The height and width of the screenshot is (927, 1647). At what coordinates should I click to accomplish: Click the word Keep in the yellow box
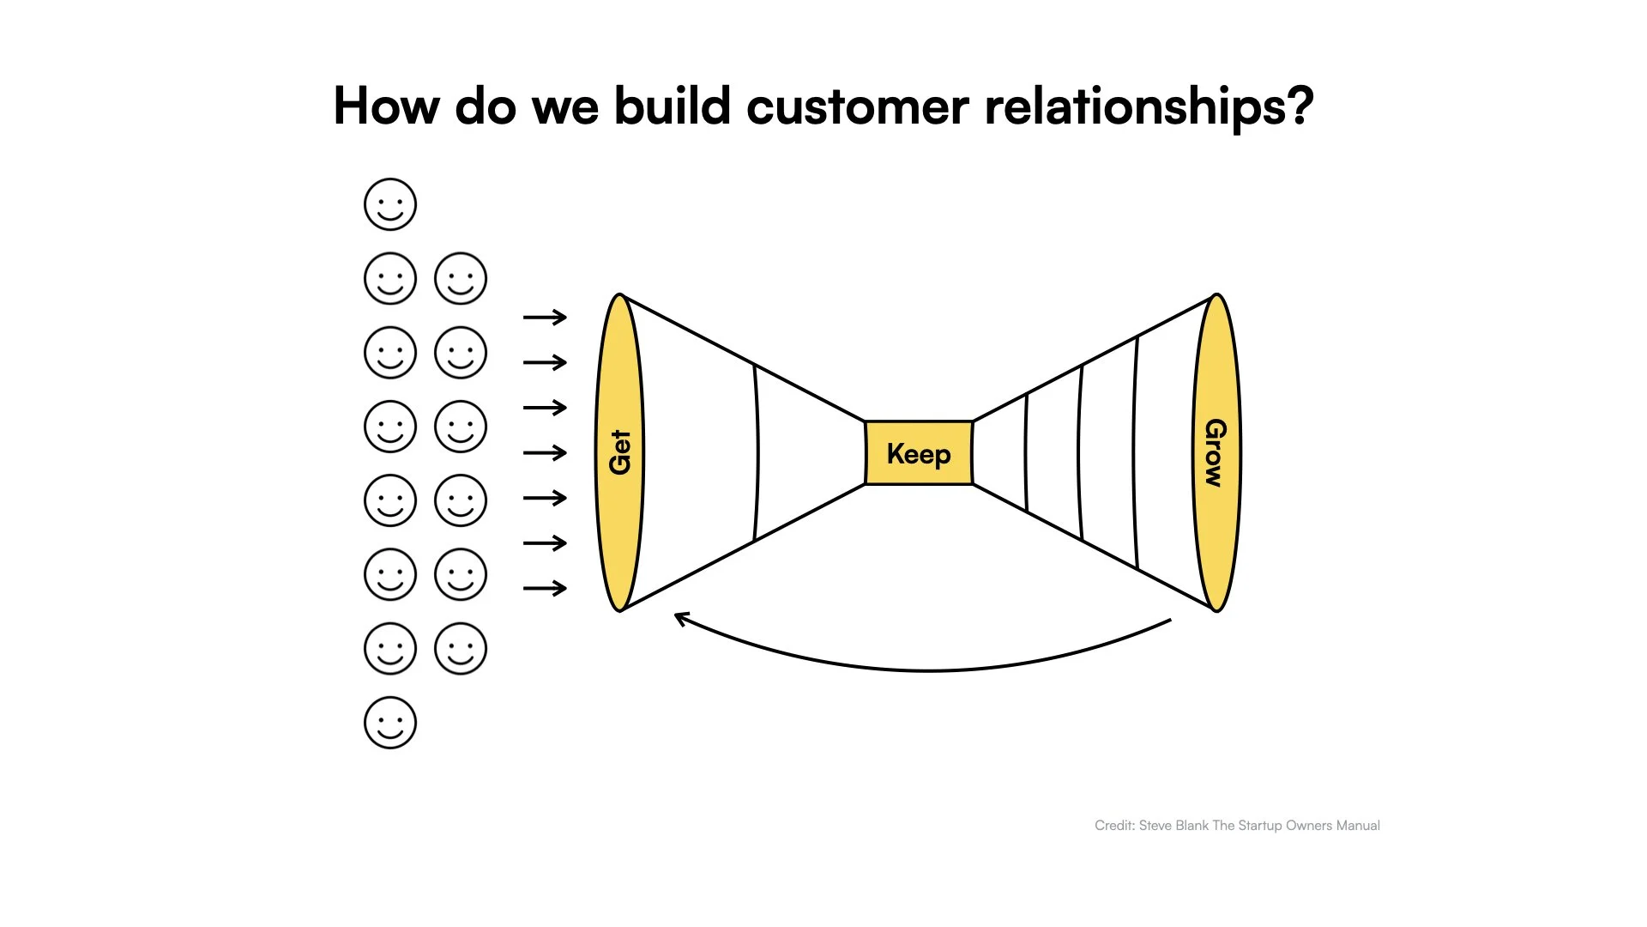point(918,454)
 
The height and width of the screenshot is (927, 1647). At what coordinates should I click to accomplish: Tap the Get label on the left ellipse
point(619,452)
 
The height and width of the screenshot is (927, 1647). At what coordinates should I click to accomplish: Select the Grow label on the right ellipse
point(1216,452)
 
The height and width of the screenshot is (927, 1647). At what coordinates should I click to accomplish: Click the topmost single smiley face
point(390,204)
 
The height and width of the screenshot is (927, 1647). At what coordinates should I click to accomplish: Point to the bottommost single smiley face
point(390,723)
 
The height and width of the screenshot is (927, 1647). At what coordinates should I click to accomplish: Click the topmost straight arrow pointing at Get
point(545,318)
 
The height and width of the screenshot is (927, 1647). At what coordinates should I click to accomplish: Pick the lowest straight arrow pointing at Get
point(545,588)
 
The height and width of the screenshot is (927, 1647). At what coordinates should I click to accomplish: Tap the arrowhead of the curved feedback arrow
point(680,617)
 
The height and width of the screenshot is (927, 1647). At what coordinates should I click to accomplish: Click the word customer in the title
point(857,107)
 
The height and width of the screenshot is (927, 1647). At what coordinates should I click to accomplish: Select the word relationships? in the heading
point(1149,107)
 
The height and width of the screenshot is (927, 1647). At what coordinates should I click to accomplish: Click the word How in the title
point(386,107)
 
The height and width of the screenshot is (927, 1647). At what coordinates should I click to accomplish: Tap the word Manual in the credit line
point(1358,826)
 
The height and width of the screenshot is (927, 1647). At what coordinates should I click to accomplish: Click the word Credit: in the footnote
point(1114,826)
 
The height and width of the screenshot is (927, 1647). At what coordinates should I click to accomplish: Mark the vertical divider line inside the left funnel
point(757,452)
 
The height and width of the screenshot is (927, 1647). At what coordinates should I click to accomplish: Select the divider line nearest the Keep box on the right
point(1026,452)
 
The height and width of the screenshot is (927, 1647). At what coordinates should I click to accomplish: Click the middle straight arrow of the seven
point(545,452)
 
